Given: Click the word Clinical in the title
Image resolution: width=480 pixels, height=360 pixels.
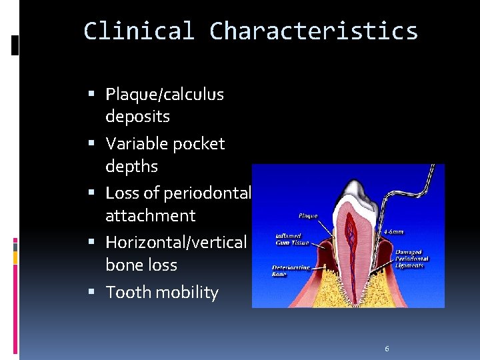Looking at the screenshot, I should [x=139, y=31].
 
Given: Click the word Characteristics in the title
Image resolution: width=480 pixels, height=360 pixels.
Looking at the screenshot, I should [x=313, y=31].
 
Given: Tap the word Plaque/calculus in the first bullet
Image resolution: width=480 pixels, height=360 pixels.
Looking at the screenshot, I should [x=165, y=95].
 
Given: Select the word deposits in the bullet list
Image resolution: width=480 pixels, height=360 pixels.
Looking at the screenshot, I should [x=137, y=117].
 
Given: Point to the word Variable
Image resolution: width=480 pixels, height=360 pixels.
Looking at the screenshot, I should [x=137, y=144].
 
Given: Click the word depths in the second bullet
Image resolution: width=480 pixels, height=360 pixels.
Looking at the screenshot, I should [x=131, y=166].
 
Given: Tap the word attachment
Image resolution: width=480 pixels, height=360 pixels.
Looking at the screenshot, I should [x=151, y=215].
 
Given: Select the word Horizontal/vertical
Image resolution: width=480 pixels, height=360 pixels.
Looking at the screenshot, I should [x=176, y=243].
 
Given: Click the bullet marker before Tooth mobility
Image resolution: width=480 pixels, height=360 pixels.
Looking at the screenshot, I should [x=97, y=293].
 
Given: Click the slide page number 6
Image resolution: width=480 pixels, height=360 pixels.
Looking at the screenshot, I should [x=387, y=349].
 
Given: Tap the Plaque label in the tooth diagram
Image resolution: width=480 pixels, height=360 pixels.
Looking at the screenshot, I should [x=308, y=216].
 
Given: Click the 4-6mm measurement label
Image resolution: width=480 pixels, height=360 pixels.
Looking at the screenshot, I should [x=393, y=233].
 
